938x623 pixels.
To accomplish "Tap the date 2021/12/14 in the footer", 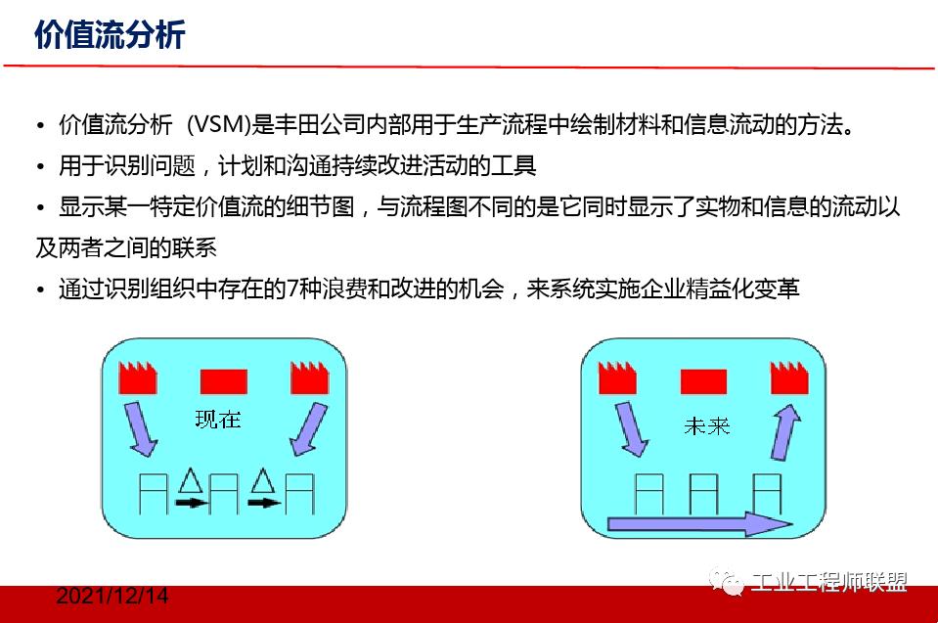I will coord(112,596).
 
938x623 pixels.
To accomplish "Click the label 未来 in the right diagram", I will coord(705,425).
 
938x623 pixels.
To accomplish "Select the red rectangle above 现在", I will coord(223,380).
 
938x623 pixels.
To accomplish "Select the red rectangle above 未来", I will coord(703,380).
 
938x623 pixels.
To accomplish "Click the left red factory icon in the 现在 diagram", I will coord(138,378).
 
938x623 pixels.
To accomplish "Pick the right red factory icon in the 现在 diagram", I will coord(310,378).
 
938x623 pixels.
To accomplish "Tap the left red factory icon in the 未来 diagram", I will coord(617,378).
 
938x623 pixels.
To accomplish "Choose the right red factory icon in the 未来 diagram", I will coord(788,378).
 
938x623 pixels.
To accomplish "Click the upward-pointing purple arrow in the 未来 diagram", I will coord(786,431).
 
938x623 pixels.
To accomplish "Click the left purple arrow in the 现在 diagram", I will coord(140,430).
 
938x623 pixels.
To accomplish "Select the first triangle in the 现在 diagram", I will coord(190,479).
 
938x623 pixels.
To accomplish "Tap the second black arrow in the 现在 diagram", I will coord(263,503).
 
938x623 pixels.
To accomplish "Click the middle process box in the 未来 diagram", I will coord(704,494).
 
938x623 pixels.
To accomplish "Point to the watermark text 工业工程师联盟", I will coord(828,582).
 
